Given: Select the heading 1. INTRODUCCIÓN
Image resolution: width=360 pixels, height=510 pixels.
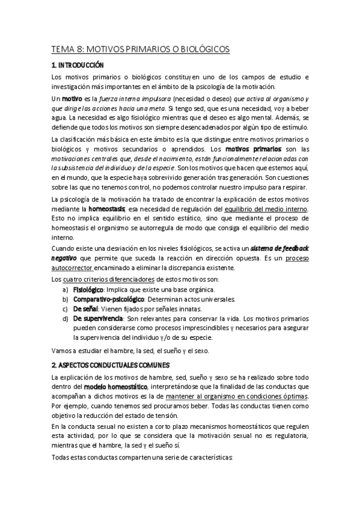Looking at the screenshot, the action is (78, 64).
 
